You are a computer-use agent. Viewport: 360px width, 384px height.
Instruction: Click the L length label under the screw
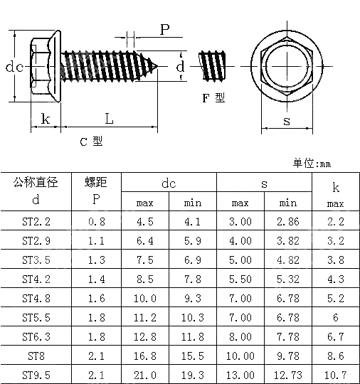tap(109, 118)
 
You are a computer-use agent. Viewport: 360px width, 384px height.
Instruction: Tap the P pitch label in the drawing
tap(164, 30)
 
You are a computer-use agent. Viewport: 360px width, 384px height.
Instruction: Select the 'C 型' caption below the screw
tap(90, 142)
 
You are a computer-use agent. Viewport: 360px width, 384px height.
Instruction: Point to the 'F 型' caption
tap(213, 97)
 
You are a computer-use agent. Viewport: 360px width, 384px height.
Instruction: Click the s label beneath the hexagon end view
tap(287, 121)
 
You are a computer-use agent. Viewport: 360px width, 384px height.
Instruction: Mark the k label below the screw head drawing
tap(46, 118)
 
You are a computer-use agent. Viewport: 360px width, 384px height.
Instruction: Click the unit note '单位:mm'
tap(312, 164)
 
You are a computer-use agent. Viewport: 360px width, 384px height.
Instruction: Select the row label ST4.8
tap(36, 298)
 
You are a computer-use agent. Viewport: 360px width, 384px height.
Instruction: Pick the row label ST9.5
tap(36, 375)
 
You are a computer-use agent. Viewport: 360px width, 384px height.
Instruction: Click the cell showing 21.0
tap(145, 375)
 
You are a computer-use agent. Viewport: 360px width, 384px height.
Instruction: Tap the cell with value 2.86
tap(288, 221)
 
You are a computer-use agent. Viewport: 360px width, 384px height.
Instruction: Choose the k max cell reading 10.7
tap(335, 375)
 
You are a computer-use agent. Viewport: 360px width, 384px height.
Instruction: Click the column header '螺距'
tap(97, 183)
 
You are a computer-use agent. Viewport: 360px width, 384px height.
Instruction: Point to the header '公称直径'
tap(36, 183)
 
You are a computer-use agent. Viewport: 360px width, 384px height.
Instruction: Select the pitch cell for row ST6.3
tap(97, 336)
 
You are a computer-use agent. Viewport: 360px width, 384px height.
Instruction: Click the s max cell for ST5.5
tap(240, 317)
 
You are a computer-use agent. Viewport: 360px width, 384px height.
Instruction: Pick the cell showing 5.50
tap(240, 279)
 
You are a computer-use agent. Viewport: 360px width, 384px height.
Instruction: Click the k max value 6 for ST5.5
tap(335, 317)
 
